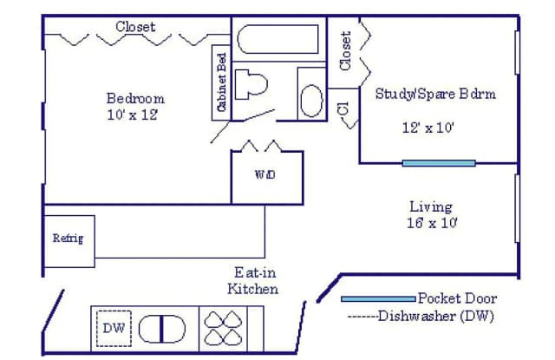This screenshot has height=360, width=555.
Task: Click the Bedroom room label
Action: [135, 98]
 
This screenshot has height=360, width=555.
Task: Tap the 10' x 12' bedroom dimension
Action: [133, 115]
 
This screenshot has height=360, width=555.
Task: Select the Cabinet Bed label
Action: [222, 82]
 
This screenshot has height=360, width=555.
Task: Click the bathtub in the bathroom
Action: [277, 39]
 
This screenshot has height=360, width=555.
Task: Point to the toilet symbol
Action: [251, 84]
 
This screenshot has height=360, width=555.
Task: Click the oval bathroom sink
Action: [311, 101]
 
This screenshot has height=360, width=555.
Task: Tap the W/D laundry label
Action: [265, 174]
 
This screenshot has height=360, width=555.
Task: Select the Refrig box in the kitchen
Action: [69, 241]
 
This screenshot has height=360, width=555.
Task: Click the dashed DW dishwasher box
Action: [114, 328]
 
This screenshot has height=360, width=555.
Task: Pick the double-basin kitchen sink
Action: [162, 329]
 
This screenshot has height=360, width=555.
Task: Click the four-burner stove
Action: [224, 328]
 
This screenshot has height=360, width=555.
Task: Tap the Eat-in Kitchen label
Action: [252, 281]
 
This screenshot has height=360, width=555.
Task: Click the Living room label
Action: [431, 206]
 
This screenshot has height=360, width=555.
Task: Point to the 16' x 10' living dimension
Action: [432, 223]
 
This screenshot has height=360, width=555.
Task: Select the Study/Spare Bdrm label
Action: [435, 94]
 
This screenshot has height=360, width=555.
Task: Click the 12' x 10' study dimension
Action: [428, 128]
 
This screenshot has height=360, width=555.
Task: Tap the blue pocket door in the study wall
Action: [439, 163]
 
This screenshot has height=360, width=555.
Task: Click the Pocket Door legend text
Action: [457, 298]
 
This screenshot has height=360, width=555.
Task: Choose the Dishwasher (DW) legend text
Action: [435, 316]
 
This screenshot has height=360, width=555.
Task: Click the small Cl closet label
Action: [343, 108]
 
